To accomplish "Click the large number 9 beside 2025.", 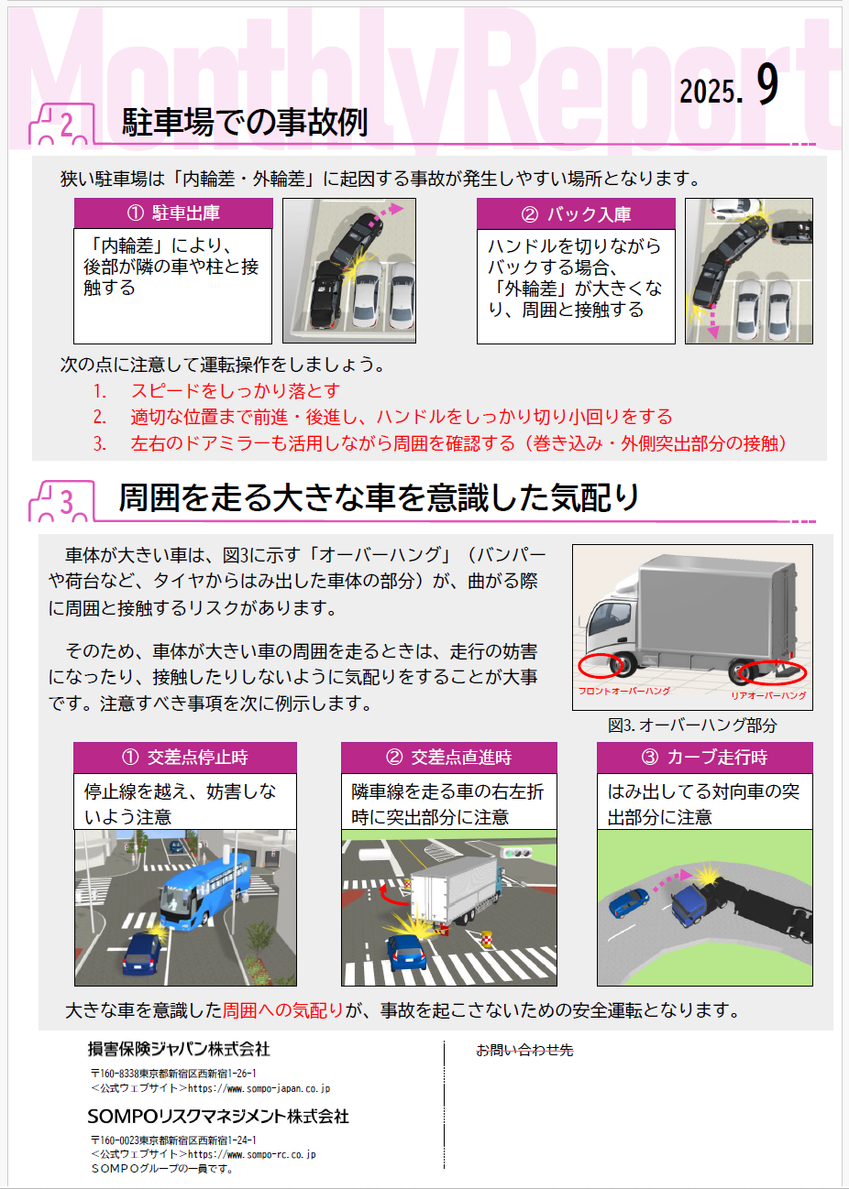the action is [767, 84].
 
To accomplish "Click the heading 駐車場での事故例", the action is [245, 122].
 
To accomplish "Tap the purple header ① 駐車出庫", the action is [173, 213].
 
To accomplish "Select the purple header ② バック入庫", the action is [576, 214].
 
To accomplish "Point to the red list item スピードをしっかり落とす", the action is [236, 390].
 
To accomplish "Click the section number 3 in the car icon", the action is [66, 502].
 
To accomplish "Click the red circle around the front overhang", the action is [601, 665].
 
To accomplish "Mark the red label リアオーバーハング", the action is [768, 695].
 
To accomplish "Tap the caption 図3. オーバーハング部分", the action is [692, 725].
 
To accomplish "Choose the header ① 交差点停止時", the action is [185, 758].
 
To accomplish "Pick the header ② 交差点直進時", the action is [449, 758].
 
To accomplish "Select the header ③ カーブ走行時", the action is [704, 758].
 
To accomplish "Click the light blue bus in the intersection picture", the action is [204, 890].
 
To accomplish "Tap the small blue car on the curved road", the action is [629, 902].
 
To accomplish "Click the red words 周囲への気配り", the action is [283, 1010].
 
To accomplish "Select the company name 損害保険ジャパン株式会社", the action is [179, 1049].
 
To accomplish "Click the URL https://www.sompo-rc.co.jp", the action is [252, 1154].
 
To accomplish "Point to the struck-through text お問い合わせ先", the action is [524, 1050].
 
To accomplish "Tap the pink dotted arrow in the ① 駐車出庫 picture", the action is [385, 213].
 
